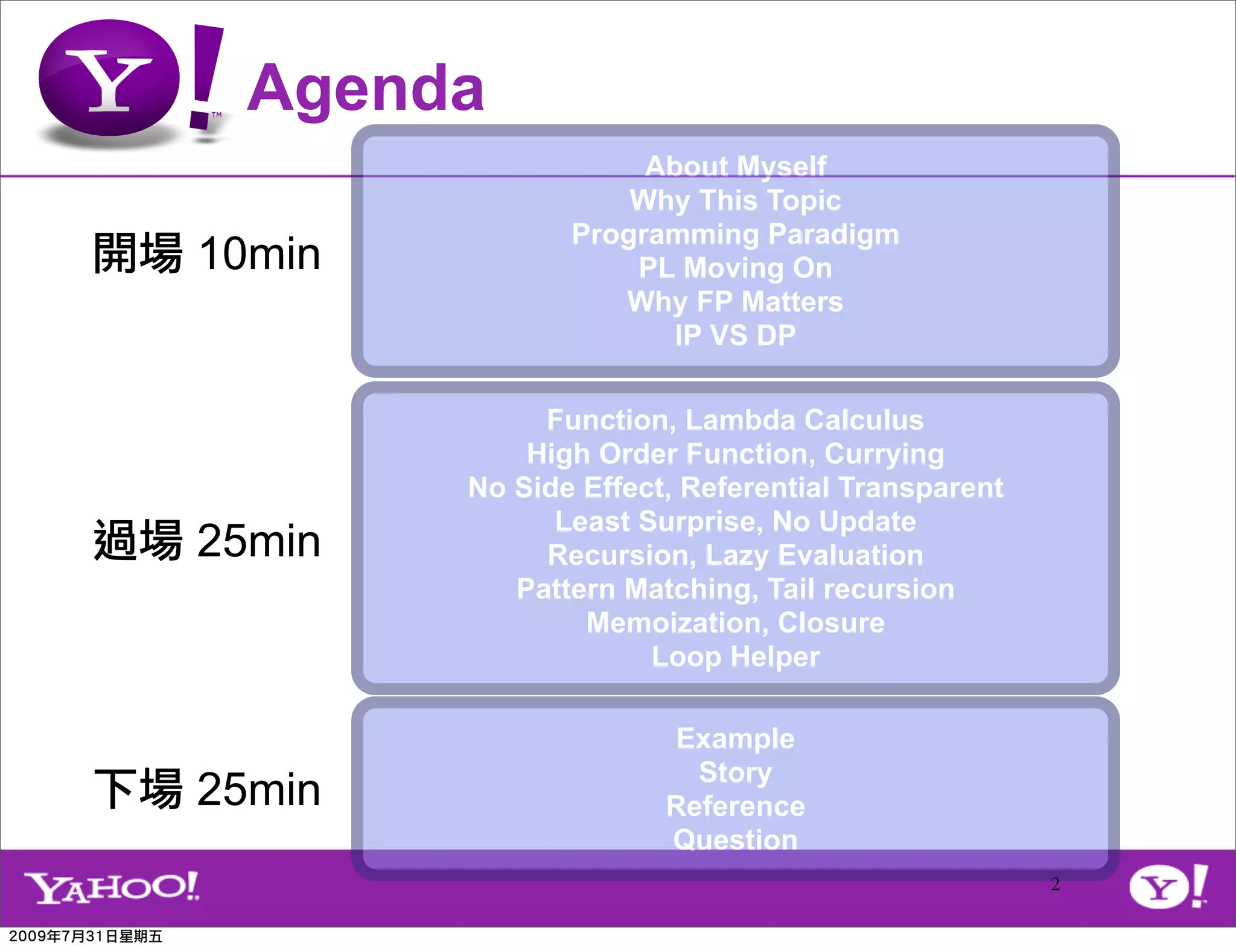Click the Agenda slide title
point(365,89)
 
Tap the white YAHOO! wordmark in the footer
point(112,887)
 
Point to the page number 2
point(1055,884)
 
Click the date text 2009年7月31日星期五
point(86,937)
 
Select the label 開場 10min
point(206,253)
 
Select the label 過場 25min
point(206,541)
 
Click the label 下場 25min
point(206,789)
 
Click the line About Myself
point(735,167)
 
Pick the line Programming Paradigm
point(735,234)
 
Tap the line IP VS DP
point(735,336)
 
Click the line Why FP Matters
point(735,302)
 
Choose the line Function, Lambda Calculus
point(735,420)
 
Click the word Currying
point(884,454)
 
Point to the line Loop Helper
point(735,657)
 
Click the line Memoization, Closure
point(735,623)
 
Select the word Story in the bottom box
point(735,772)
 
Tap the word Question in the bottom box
point(735,840)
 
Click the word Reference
point(735,806)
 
